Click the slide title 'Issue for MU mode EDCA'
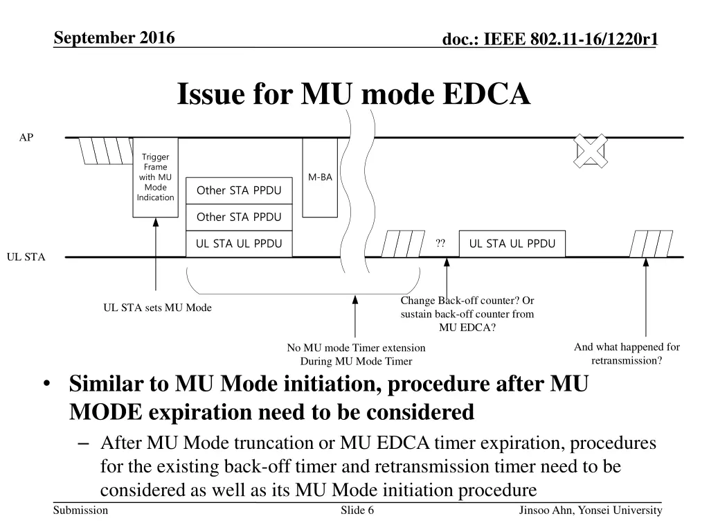[x=354, y=94]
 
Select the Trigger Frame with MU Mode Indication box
[x=155, y=177]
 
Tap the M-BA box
[x=320, y=177]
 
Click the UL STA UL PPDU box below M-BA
[x=239, y=243]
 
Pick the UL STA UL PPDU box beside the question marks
[x=512, y=243]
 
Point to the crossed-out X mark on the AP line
[x=590, y=150]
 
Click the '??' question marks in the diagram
[x=440, y=243]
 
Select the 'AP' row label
[x=26, y=138]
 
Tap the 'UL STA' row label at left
[x=26, y=257]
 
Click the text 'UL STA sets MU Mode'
[x=157, y=308]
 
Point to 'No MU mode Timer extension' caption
[x=356, y=348]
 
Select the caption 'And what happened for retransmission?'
[x=627, y=354]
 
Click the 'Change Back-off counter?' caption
[x=467, y=301]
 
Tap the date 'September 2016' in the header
[x=115, y=38]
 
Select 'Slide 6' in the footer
[x=358, y=511]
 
